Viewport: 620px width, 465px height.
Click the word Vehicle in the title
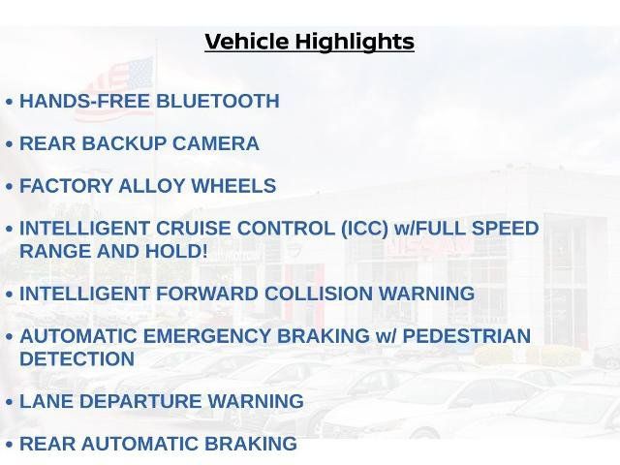tap(247, 42)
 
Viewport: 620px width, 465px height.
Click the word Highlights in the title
tap(355, 43)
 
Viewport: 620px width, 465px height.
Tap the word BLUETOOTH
tap(218, 101)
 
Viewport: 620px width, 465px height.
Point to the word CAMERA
tap(216, 143)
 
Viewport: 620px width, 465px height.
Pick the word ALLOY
tap(151, 186)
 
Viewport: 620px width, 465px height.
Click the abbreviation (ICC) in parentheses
tap(364, 229)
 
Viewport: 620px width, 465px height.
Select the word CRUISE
tap(193, 229)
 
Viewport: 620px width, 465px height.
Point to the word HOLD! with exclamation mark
tap(176, 251)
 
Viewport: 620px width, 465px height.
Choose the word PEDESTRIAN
tap(467, 336)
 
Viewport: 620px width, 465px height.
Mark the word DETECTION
tap(77, 358)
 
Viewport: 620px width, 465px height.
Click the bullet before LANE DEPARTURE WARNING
tap(10, 402)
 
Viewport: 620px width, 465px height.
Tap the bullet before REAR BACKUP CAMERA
tap(10, 144)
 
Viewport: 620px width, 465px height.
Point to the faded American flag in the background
tap(114, 88)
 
